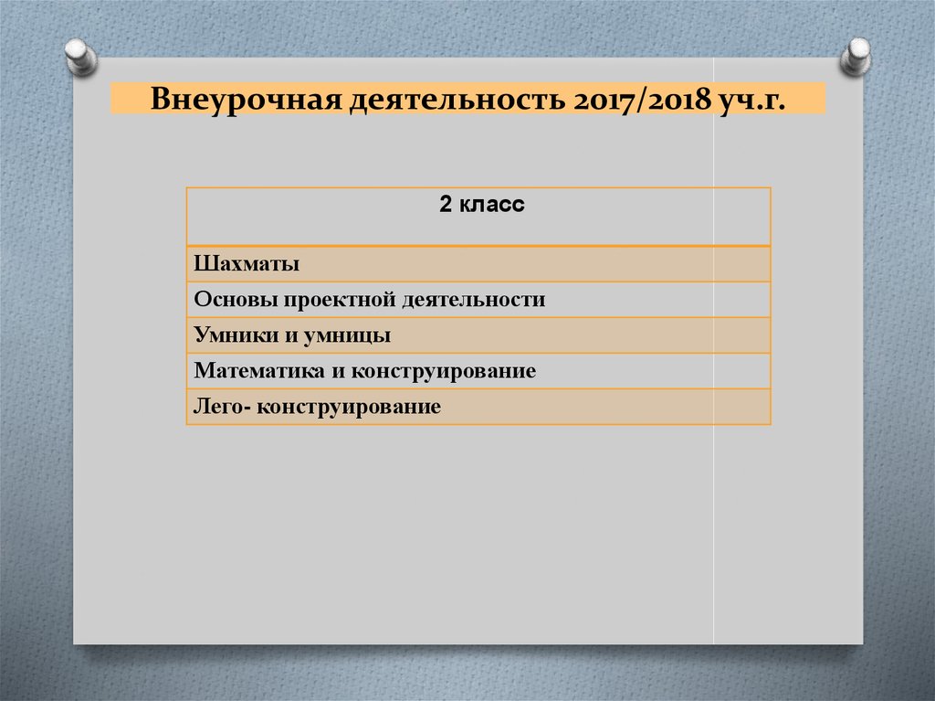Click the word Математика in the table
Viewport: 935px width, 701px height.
click(249, 371)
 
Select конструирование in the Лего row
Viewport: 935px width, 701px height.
click(349, 407)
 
